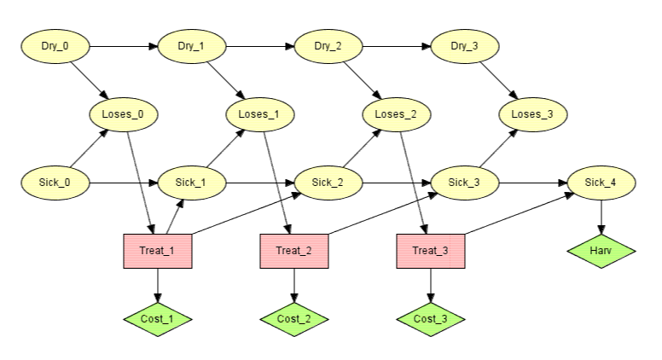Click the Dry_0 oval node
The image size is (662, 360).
pos(55,46)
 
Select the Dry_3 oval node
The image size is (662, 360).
pos(465,46)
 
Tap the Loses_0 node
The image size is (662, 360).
pos(124,114)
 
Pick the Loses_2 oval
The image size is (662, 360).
pos(397,114)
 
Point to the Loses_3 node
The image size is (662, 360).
pos(533,114)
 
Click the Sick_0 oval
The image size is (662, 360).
pos(55,183)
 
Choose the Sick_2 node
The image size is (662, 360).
pos(328,183)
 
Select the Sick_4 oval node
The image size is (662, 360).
pos(601,183)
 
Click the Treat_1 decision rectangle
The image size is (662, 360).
pos(158,251)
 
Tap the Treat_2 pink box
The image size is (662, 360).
pos(294,251)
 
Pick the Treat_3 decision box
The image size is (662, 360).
pos(431,251)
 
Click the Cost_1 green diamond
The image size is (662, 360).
pos(158,319)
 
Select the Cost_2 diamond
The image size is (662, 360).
pos(294,319)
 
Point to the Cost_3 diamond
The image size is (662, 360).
pos(431,319)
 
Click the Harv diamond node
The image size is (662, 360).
pos(601,251)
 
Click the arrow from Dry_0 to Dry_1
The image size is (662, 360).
pos(124,46)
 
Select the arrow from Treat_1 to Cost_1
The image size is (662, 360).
pos(158,286)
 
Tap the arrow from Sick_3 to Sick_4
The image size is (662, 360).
pos(533,183)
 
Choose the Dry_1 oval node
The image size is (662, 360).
pos(192,46)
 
